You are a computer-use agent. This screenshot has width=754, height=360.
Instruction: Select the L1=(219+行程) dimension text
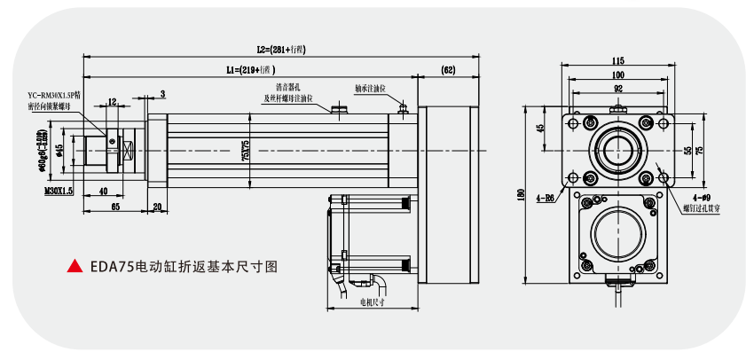pyautogui.click(x=251, y=68)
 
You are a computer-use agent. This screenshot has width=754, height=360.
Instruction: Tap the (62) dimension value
pyautogui.click(x=448, y=68)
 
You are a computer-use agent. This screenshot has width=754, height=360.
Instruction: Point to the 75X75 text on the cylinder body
pyautogui.click(x=246, y=151)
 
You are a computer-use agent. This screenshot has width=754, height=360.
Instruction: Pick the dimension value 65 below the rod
pyautogui.click(x=115, y=206)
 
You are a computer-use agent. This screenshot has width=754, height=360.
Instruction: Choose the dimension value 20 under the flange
pyautogui.click(x=157, y=206)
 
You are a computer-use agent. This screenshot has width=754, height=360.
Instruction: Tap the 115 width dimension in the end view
pyautogui.click(x=617, y=60)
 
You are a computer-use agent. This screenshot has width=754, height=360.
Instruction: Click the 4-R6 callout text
pyautogui.click(x=545, y=199)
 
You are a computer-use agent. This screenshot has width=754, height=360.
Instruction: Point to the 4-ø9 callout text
pyautogui.click(x=700, y=199)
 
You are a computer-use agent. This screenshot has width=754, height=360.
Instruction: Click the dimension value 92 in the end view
pyautogui.click(x=617, y=89)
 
